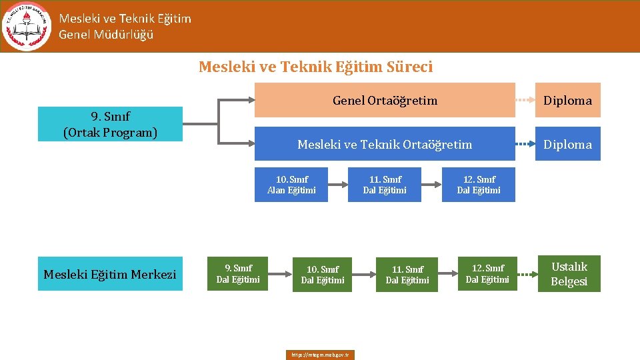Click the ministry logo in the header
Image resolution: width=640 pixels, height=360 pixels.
pos(27,26)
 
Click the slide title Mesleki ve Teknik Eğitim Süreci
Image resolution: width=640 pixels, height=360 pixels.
pos(315,67)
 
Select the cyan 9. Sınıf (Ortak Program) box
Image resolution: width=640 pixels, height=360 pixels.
pos(110,124)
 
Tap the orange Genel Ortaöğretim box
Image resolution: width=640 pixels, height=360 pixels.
pos(385,100)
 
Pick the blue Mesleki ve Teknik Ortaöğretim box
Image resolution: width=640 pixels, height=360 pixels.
pos(385,144)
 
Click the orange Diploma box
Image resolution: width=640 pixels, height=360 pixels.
pos(567,100)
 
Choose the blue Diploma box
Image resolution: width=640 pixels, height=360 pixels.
pos(567,144)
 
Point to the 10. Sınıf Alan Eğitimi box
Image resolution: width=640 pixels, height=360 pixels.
pos(291,185)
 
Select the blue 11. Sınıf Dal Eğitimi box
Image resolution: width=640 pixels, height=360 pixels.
pos(385,185)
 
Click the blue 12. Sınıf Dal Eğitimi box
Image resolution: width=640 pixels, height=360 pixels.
pos(479,185)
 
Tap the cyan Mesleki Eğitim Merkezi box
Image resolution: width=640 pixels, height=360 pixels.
pos(110,274)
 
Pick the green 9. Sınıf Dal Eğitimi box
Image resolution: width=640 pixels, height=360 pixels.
pos(238,274)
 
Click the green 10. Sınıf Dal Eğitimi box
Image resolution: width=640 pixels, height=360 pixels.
pos(323,275)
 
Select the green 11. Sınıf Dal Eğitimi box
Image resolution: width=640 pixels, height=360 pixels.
pos(407,275)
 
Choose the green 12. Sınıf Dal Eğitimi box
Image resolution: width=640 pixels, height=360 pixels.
pos(487,274)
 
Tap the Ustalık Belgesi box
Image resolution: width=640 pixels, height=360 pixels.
pos(569,274)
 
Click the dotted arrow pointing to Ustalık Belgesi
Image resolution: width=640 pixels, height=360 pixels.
pos(527,274)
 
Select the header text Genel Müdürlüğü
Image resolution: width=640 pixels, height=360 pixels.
pos(106,35)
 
